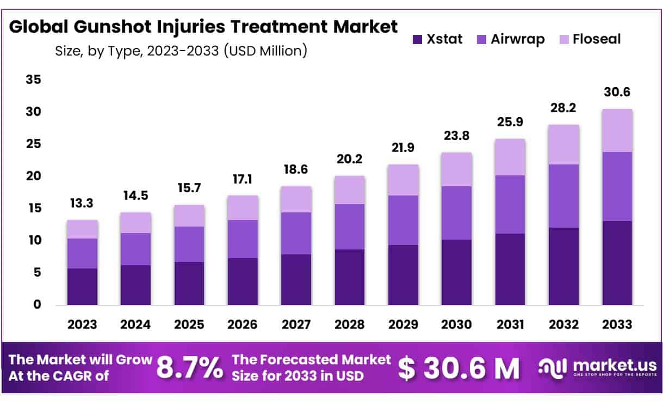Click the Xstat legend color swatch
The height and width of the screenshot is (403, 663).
tap(417, 39)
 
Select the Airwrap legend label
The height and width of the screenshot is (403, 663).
tap(517, 39)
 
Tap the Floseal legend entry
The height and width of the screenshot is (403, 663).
tap(597, 39)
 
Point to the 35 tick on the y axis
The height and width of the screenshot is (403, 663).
tap(34, 80)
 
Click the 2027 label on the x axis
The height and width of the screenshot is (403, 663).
tap(296, 324)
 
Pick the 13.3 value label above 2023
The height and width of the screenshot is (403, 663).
tap(82, 203)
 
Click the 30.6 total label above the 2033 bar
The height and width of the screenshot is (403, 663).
tap(617, 93)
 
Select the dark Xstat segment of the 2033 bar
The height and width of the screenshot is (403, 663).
tap(617, 262)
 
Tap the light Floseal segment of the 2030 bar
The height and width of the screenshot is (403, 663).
tap(456, 169)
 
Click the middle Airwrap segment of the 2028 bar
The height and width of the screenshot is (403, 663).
tap(349, 227)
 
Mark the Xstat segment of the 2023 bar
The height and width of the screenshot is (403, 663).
tap(82, 286)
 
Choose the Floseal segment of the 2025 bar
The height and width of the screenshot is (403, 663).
tap(189, 216)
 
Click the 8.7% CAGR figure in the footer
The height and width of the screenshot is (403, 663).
tap(190, 368)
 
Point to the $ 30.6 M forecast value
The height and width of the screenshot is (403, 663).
tap(459, 368)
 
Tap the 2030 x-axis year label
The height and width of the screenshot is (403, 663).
tap(456, 324)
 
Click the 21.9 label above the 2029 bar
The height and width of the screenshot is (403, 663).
tap(402, 147)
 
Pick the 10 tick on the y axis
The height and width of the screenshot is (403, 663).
tap(34, 240)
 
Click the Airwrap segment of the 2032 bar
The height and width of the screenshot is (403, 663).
tap(563, 196)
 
